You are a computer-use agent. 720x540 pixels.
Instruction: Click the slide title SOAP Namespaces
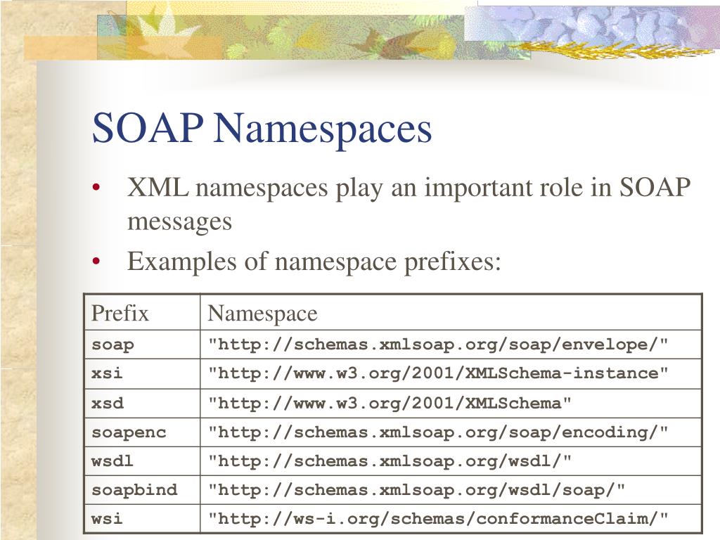tap(262, 129)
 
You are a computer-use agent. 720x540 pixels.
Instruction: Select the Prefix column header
tap(120, 313)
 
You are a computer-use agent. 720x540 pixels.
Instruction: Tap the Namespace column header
tap(262, 313)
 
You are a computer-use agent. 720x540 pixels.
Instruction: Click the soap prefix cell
tap(112, 345)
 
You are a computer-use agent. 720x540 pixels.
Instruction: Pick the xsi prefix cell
tap(108, 373)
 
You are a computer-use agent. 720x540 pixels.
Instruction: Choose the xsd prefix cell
tap(108, 403)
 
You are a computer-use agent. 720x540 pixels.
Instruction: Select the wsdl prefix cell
tap(112, 461)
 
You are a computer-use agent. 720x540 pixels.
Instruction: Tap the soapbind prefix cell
tap(134, 490)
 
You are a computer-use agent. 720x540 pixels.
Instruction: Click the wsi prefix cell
tap(107, 519)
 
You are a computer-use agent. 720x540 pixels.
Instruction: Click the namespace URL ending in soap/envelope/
tap(438, 345)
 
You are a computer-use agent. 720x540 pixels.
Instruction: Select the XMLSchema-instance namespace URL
tap(438, 373)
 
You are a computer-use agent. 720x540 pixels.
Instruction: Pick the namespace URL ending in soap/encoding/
tap(438, 432)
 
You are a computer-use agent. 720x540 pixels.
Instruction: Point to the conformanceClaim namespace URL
tap(438, 519)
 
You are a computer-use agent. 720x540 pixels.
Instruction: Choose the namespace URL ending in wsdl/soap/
tap(416, 490)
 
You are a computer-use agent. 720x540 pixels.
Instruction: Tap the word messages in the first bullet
tap(179, 222)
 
